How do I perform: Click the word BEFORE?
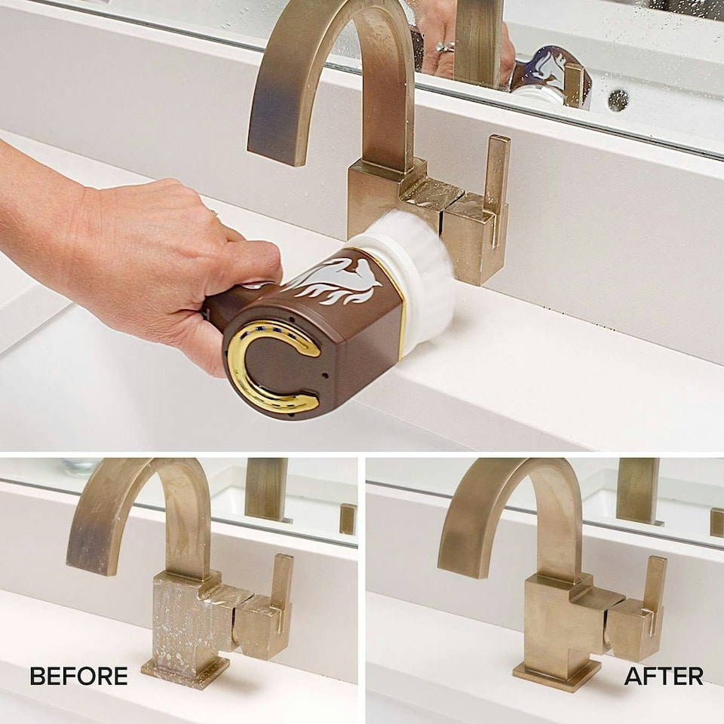[x=78, y=676]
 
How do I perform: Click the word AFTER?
[x=664, y=676]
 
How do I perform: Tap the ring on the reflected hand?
[x=444, y=47]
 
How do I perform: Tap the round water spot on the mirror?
[x=618, y=100]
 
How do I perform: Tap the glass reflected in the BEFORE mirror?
[x=81, y=466]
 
